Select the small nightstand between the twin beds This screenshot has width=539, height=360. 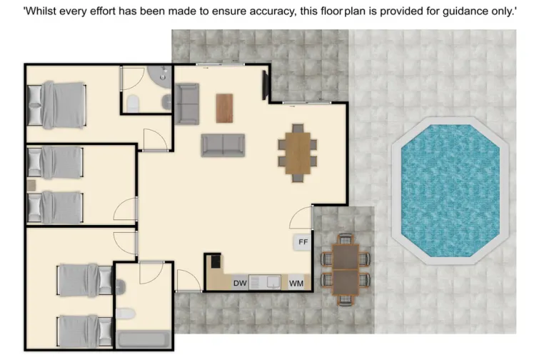[x=32, y=185]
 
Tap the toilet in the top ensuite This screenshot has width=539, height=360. [x=133, y=105]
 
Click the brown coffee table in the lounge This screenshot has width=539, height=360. [x=225, y=108]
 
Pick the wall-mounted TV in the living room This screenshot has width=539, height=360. [x=266, y=85]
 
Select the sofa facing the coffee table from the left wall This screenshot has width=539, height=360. [x=187, y=104]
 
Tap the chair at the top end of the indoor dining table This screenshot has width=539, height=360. [x=298, y=128]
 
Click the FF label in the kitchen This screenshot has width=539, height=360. [x=303, y=242]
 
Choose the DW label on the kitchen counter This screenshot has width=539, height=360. [x=240, y=284]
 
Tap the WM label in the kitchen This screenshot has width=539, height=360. [x=296, y=284]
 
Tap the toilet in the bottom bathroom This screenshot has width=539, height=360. [x=125, y=314]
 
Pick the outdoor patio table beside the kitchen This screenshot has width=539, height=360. [x=346, y=269]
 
